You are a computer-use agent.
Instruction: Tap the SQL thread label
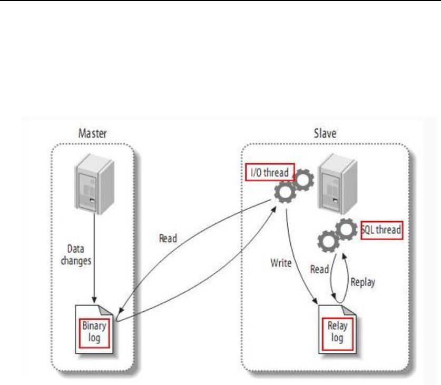point(382,230)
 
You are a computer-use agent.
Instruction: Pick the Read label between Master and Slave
point(168,238)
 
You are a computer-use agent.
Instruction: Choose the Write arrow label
point(281,263)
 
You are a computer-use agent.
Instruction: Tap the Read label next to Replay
point(319,269)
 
